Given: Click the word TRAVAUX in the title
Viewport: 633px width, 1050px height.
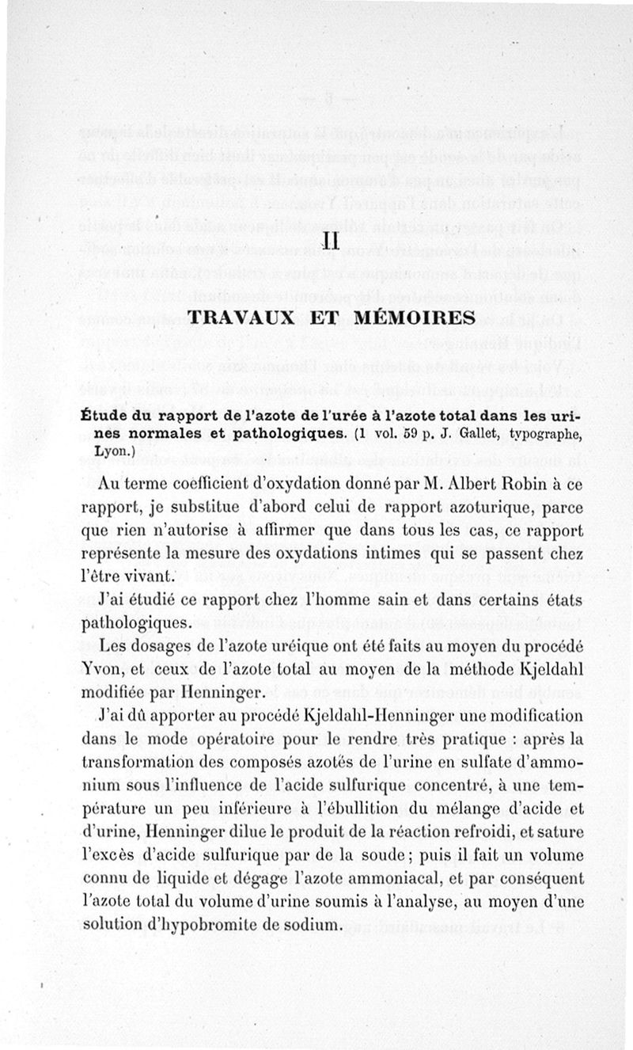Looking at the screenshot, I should pyautogui.click(x=239, y=318).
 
